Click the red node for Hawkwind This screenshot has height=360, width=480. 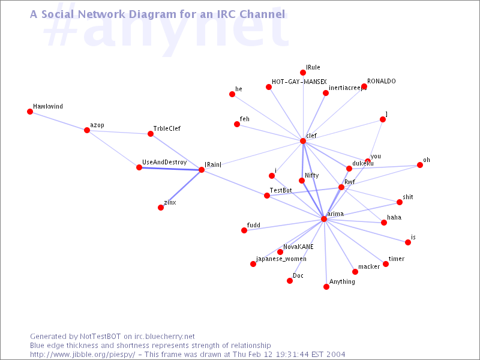[30, 112]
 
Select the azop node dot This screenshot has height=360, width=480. [87, 130]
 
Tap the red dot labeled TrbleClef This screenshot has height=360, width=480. [151, 134]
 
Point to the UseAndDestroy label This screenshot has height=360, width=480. [164, 162]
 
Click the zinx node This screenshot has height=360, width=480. [161, 208]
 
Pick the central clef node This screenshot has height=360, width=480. [303, 141]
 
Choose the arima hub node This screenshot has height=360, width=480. [324, 219]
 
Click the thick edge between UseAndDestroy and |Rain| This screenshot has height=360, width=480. [170, 169]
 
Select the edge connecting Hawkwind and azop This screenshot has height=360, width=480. [58, 121]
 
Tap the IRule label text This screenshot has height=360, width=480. [313, 67]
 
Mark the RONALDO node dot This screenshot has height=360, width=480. [364, 86]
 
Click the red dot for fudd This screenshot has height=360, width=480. [244, 230]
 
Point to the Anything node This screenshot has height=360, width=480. [326, 287]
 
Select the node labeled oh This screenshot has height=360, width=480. [420, 165]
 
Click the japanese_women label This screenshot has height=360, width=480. [281, 259]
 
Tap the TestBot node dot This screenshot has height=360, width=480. [267, 196]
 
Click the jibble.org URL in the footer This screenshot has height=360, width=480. [82, 355]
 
